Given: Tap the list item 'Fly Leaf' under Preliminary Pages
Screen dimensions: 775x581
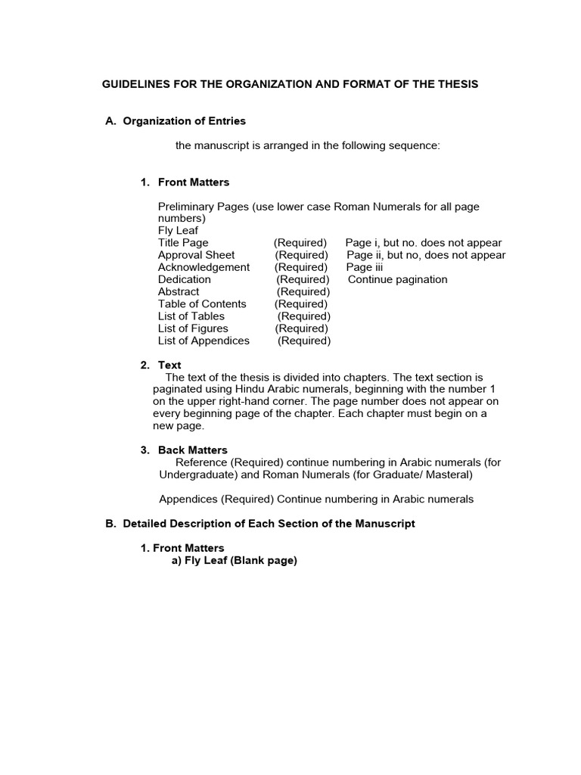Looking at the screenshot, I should point(178,231).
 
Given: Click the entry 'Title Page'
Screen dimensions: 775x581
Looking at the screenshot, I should point(183,243).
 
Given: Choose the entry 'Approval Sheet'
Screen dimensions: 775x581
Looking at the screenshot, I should point(196,255).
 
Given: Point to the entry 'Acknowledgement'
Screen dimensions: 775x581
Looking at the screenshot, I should point(204,267).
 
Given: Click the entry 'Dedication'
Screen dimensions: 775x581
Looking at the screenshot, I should point(185,279).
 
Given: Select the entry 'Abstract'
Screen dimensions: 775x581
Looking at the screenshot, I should point(179,291).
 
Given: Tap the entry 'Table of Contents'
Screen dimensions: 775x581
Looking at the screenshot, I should point(202,303).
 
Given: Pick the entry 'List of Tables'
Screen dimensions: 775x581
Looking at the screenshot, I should point(191,316).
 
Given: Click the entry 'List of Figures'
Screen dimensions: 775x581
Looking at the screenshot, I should point(193,328).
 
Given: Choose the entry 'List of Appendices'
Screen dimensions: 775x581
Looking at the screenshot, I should point(204,341).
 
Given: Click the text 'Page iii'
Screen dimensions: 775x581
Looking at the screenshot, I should point(365,267).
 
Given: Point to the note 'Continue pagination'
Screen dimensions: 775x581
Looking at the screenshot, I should point(397,279).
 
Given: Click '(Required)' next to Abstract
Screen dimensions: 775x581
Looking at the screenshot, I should point(303,291).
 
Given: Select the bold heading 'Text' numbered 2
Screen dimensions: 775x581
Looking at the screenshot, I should point(169,365).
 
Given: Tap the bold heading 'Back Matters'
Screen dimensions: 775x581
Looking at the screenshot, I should point(192,450).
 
